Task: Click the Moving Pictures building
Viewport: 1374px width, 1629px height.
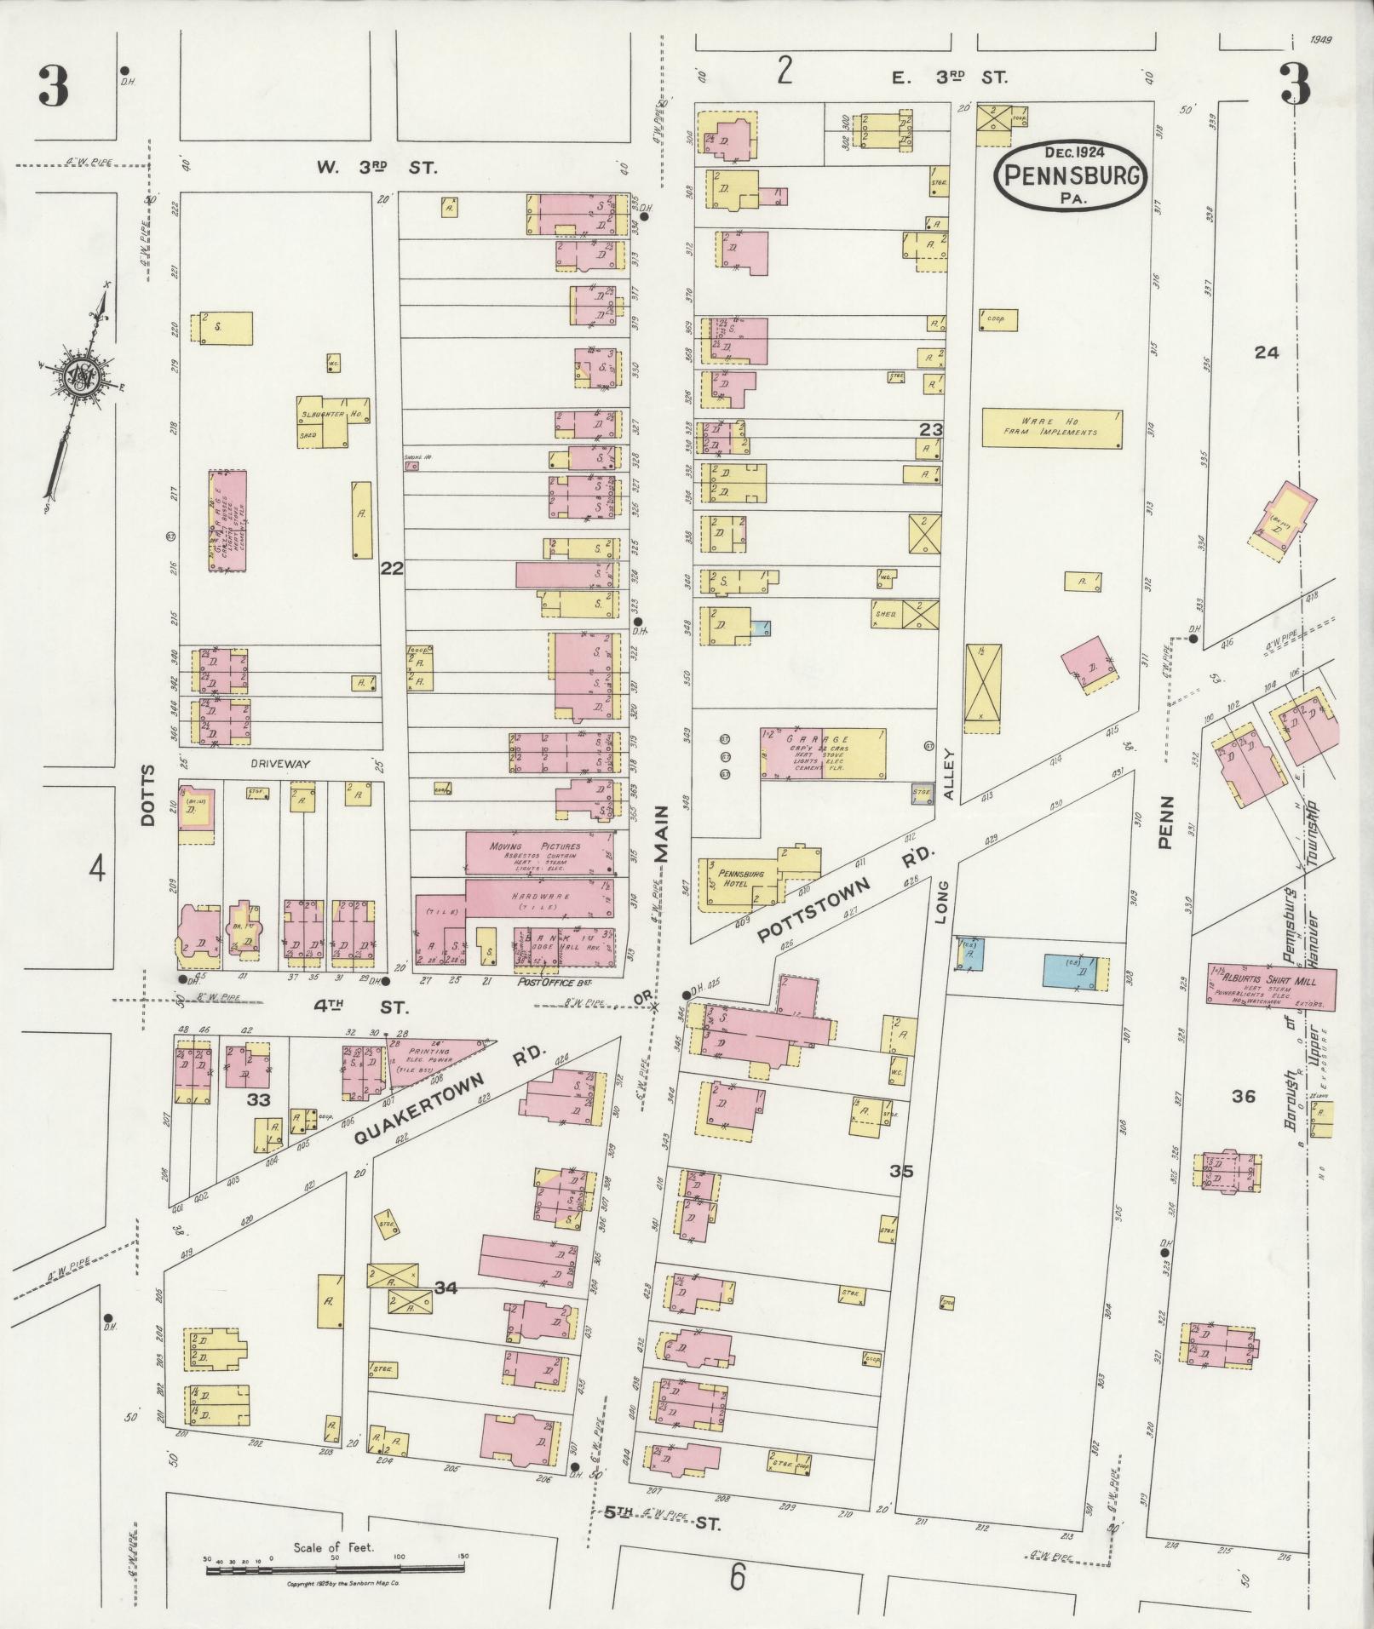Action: pos(539,852)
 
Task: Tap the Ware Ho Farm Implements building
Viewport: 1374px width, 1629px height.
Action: pos(1051,427)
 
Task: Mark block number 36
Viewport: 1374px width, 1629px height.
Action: pos(1243,1096)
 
